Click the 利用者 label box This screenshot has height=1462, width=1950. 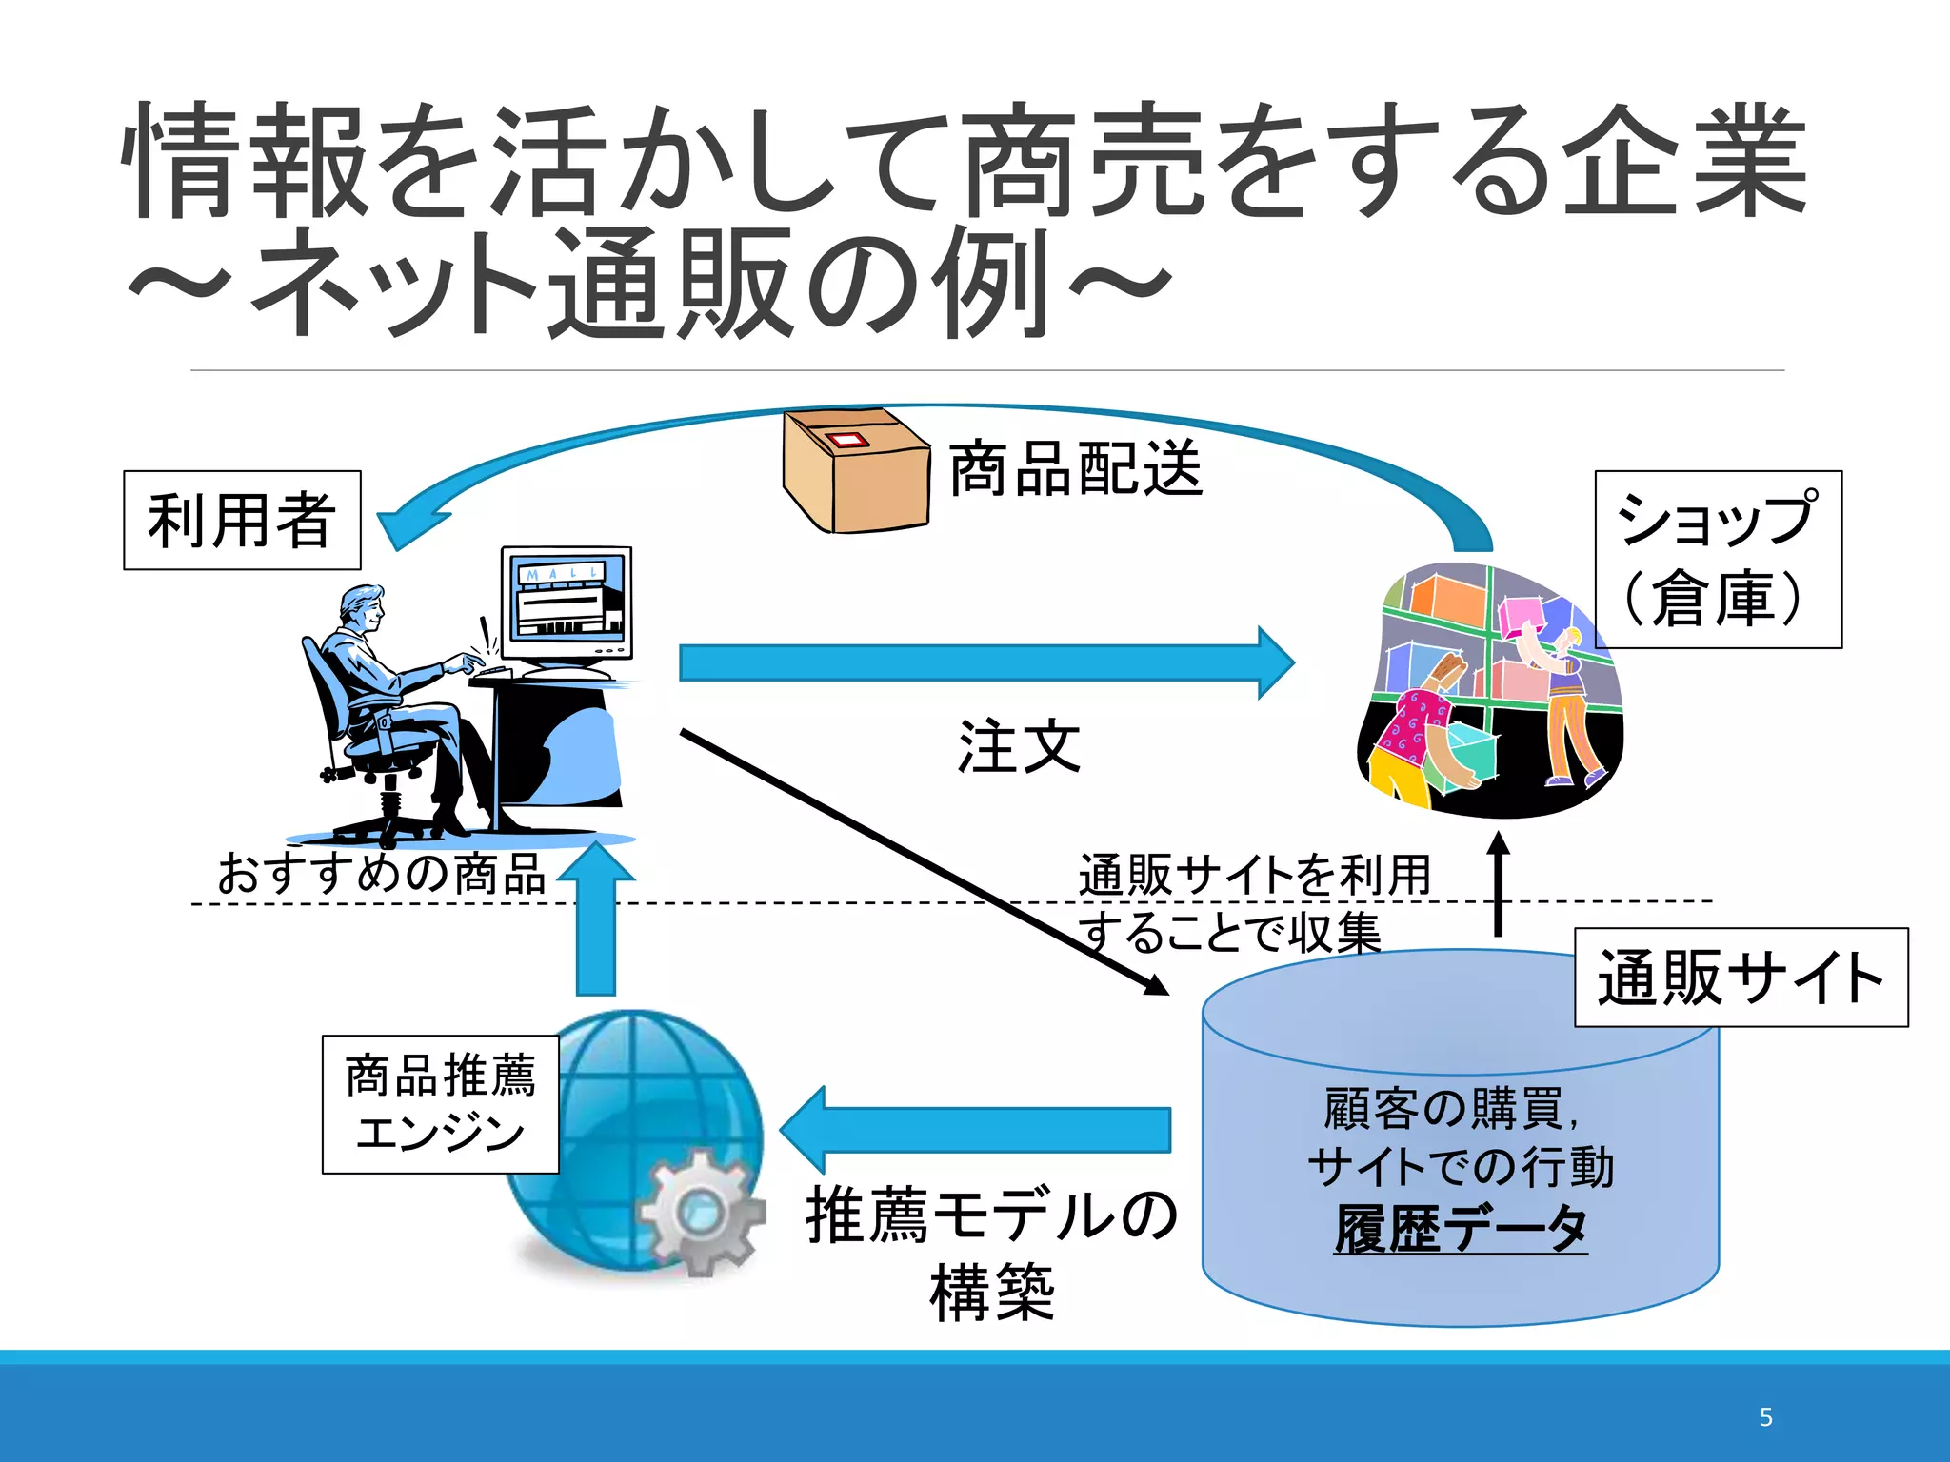tap(242, 520)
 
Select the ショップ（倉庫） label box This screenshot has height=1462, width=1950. tap(1718, 560)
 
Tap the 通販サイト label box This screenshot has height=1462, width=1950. tap(1741, 978)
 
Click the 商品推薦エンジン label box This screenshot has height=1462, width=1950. tap(440, 1104)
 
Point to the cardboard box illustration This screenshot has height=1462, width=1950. tap(855, 471)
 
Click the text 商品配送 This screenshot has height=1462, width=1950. tap(1076, 469)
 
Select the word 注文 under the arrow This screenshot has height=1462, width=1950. tap(1019, 747)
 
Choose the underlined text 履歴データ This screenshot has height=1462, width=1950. tap(1461, 1229)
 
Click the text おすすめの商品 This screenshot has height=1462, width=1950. tap(381, 874)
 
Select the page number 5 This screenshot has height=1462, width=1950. tap(1765, 1417)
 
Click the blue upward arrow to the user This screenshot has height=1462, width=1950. tap(596, 923)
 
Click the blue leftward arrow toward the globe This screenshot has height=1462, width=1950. tap(981, 1130)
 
